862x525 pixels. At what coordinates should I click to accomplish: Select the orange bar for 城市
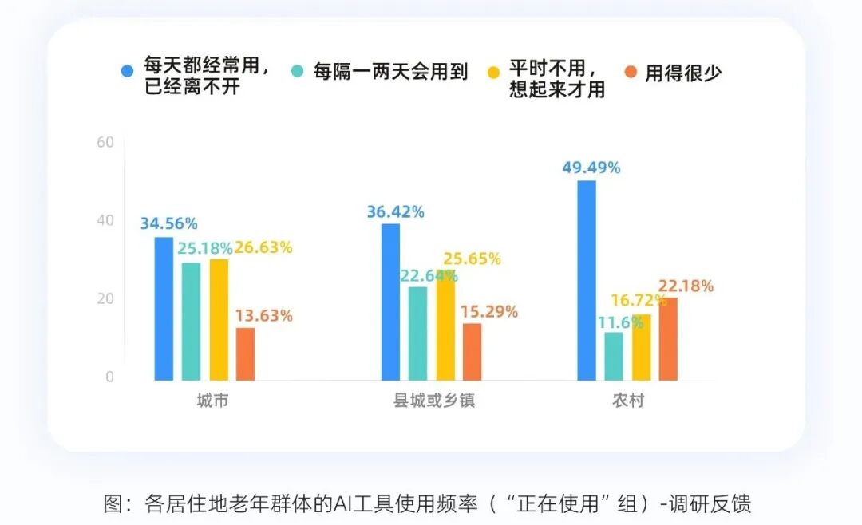click(245, 354)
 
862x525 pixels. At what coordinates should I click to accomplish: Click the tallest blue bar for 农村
click(587, 280)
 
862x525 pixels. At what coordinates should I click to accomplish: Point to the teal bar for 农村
click(614, 356)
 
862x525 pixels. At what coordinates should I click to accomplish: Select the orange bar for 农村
click(668, 339)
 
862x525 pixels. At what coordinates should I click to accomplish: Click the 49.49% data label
click(591, 168)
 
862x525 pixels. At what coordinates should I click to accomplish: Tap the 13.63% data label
click(263, 315)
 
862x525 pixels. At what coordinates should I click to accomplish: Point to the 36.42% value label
click(395, 212)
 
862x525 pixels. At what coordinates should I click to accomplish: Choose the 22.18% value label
click(686, 286)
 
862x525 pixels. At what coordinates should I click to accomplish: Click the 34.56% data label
click(168, 224)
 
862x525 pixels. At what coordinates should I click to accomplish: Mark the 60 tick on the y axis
click(106, 142)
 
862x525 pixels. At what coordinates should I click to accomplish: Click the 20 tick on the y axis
click(106, 298)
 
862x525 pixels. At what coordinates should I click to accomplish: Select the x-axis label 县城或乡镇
click(434, 401)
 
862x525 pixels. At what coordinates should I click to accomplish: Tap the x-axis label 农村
click(627, 401)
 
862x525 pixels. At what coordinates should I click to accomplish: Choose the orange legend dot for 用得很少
click(631, 72)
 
